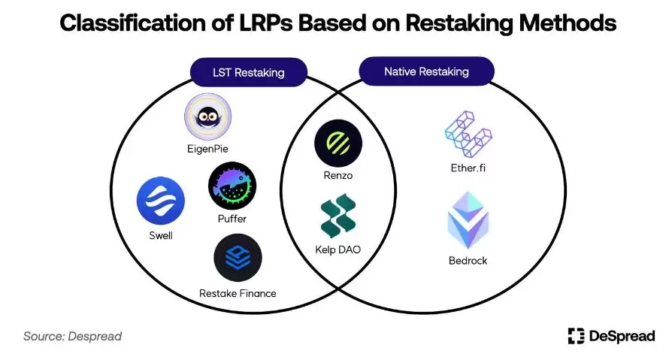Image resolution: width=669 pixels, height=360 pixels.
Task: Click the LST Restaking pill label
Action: click(x=239, y=73)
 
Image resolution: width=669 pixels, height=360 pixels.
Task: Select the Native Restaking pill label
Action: click(x=426, y=71)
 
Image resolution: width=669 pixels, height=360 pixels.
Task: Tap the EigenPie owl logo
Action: click(x=207, y=116)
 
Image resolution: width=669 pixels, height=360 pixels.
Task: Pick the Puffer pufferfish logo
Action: click(x=232, y=186)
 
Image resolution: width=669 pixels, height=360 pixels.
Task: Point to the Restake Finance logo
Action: click(x=238, y=257)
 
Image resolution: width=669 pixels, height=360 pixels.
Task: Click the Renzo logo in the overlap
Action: click(x=338, y=144)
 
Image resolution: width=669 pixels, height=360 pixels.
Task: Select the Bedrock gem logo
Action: click(x=468, y=220)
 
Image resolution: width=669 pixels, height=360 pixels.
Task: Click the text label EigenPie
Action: click(x=207, y=149)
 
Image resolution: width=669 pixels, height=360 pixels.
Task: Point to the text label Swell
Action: click(x=160, y=235)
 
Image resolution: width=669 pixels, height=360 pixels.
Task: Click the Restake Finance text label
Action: click(x=238, y=292)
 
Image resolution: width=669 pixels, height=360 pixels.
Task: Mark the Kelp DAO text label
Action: click(x=338, y=249)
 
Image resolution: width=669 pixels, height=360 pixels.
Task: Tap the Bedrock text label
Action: click(x=468, y=261)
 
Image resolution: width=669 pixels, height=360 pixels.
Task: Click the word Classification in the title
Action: click(x=124, y=23)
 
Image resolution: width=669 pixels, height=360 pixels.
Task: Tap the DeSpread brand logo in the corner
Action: click(x=611, y=335)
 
